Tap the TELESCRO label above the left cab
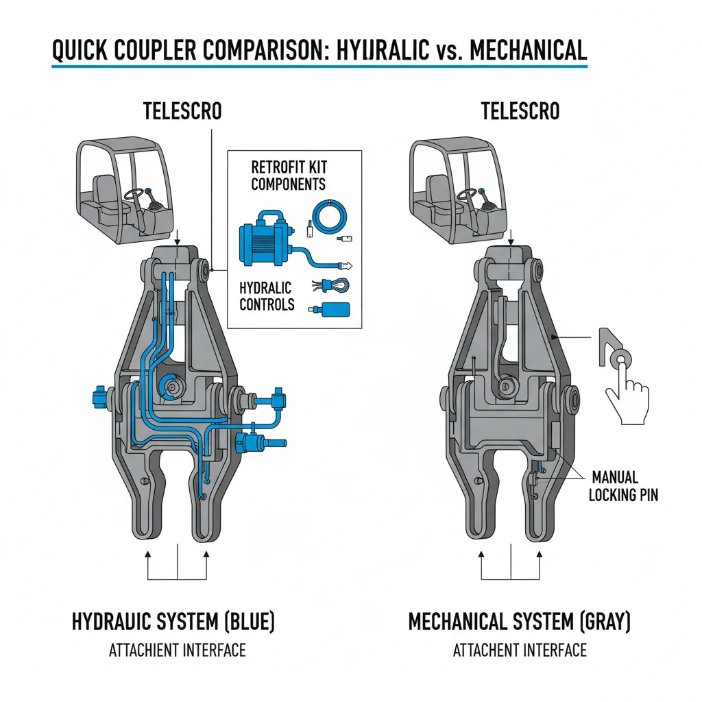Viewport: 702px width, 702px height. click(x=182, y=111)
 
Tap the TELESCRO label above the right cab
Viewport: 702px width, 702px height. click(x=520, y=111)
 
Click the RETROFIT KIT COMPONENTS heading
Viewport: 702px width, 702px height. click(x=288, y=175)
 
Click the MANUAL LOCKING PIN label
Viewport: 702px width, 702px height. click(x=622, y=485)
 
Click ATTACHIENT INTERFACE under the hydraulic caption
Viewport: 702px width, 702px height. click(x=177, y=650)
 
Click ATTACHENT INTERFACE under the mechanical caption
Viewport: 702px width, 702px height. click(x=520, y=650)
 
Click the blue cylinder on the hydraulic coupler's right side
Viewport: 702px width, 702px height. click(x=257, y=443)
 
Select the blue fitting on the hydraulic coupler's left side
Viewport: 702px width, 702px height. click(x=95, y=397)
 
